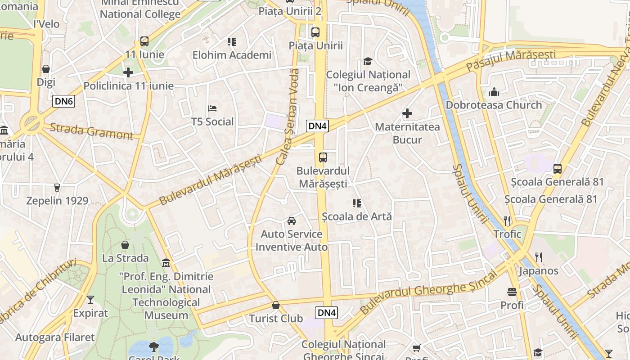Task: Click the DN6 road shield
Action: point(63,101)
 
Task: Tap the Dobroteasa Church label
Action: point(494,105)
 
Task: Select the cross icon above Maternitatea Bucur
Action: point(407,113)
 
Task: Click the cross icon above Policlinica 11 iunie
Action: point(128,72)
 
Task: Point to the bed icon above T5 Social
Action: point(212,108)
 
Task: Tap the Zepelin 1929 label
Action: point(57,200)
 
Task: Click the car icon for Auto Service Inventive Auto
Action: point(292,221)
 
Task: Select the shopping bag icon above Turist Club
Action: point(276,306)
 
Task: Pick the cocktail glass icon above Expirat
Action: point(90,300)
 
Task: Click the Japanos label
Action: point(538,271)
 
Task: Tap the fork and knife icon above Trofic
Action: point(507,221)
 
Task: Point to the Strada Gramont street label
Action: point(91,131)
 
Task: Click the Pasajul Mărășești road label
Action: point(511,60)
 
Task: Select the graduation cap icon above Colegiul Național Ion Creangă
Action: point(368,62)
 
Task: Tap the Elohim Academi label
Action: point(232,55)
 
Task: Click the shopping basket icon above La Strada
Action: point(125,245)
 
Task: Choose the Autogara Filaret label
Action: point(55,337)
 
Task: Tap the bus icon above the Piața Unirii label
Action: point(315,32)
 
